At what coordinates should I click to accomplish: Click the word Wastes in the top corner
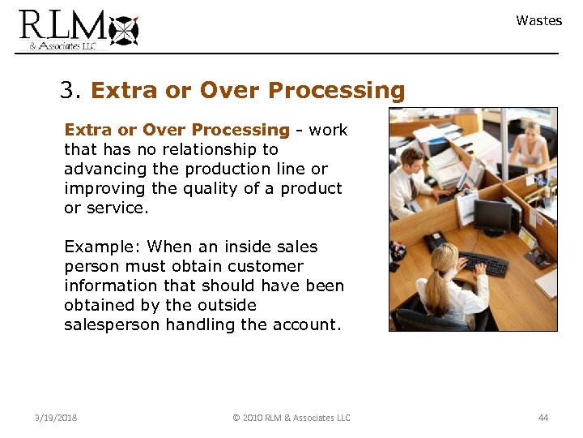click(x=538, y=21)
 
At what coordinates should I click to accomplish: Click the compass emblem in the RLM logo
click(x=124, y=29)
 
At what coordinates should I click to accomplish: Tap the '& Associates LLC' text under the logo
click(x=62, y=46)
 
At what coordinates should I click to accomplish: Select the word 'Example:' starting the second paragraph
click(x=103, y=247)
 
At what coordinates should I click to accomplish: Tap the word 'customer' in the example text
click(x=266, y=266)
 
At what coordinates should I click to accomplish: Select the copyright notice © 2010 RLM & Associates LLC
click(x=291, y=418)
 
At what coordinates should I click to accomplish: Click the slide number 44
click(x=543, y=418)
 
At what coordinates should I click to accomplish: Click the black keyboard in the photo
click(x=483, y=263)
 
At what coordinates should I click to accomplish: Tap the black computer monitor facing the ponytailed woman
click(x=492, y=217)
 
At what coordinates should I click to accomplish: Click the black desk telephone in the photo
click(x=437, y=241)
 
